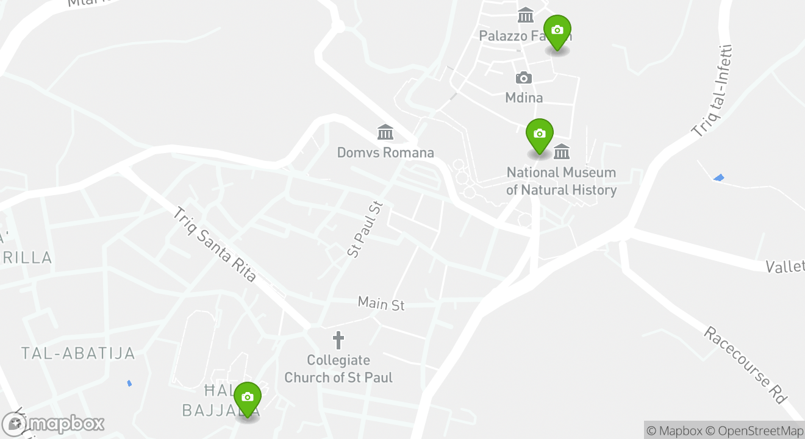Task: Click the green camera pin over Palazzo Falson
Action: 557,30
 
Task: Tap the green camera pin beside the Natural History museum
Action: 539,134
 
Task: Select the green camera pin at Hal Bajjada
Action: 247,398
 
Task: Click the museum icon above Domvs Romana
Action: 385,132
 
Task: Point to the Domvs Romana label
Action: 385,152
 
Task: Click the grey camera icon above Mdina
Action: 523,78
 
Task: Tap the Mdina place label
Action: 524,98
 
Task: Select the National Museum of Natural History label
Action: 561,181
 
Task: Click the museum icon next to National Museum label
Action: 562,151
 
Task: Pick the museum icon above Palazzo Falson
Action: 525,15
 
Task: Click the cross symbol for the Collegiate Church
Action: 338,340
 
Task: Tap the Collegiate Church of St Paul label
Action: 338,369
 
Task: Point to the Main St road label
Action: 381,303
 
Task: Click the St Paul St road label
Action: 364,229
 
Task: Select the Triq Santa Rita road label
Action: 215,244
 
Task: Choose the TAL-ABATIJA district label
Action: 78,353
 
